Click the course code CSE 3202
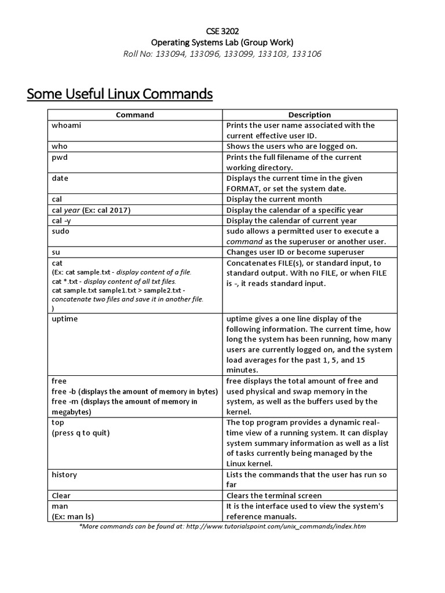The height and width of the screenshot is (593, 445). point(222,31)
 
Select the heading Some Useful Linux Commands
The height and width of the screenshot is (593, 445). point(120,93)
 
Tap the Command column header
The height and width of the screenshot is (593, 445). point(135,115)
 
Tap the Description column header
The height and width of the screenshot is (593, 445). point(310,115)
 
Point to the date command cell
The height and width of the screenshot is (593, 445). point(60,178)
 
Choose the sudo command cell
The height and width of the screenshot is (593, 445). point(61,231)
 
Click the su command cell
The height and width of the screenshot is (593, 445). point(56,252)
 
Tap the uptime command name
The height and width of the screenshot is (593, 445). point(64,319)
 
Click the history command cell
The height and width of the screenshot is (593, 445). point(64,474)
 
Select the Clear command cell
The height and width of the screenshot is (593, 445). point(61,496)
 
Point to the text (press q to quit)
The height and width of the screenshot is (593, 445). point(81,433)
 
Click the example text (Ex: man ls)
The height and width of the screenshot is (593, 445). point(73,517)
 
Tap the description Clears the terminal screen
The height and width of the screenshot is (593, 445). point(274,496)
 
